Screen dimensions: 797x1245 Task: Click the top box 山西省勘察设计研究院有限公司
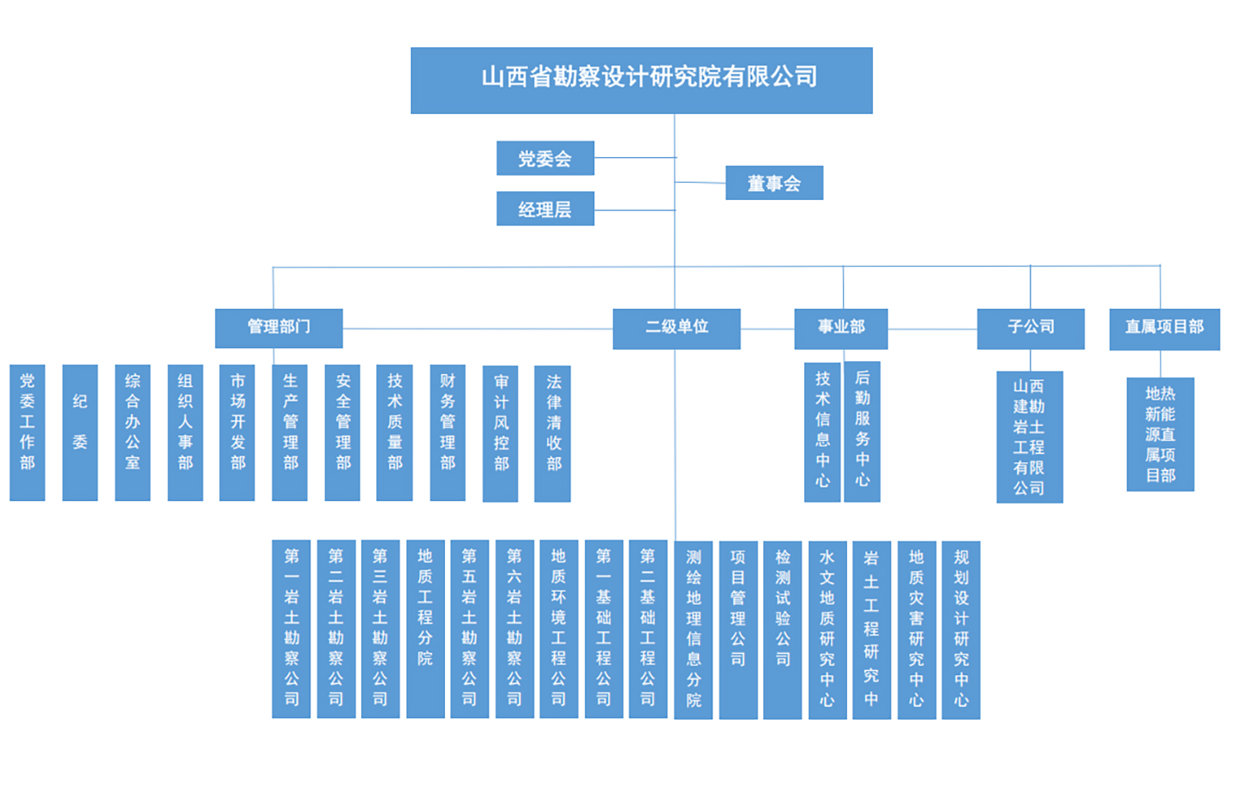pyautogui.click(x=641, y=80)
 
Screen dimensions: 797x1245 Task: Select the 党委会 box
pyautogui.click(x=544, y=158)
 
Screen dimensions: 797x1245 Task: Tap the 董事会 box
pyautogui.click(x=773, y=183)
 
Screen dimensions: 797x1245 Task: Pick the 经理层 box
pyautogui.click(x=544, y=208)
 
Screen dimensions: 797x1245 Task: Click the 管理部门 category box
pyautogui.click(x=279, y=328)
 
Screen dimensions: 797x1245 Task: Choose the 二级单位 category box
pyautogui.click(x=676, y=328)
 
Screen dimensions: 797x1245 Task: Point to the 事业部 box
pyautogui.click(x=840, y=328)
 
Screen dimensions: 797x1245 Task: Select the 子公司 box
pyautogui.click(x=1030, y=328)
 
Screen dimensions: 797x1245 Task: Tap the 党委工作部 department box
pyautogui.click(x=27, y=432)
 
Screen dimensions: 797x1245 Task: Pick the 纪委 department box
pyautogui.click(x=80, y=432)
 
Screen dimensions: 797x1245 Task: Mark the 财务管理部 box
pyautogui.click(x=448, y=432)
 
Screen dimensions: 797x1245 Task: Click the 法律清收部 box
pyautogui.click(x=553, y=432)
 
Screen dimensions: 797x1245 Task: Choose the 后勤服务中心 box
pyautogui.click(x=862, y=432)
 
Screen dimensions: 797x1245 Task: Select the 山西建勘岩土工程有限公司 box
pyautogui.click(x=1029, y=437)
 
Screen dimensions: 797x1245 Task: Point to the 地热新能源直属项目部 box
pyautogui.click(x=1160, y=434)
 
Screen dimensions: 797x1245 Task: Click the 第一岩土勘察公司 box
pyautogui.click(x=292, y=628)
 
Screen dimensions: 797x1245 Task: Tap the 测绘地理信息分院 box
pyautogui.click(x=693, y=629)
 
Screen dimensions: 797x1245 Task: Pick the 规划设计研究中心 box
pyautogui.click(x=960, y=629)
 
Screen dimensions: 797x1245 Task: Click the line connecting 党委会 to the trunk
pyautogui.click(x=635, y=158)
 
